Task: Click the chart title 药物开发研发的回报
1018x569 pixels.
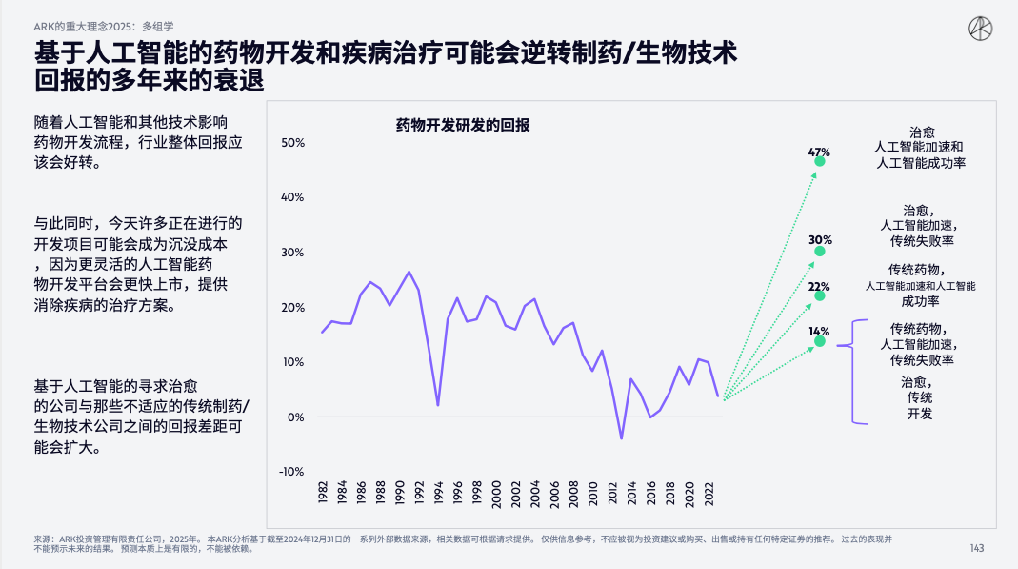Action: coord(462,125)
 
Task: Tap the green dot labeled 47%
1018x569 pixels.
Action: coord(820,161)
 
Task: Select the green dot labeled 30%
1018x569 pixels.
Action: coord(820,251)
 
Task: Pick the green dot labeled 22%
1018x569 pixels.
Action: coord(820,295)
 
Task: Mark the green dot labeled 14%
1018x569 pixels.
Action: coord(820,340)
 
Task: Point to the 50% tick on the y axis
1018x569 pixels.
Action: coord(292,143)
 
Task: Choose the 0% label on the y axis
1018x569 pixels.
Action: coord(295,417)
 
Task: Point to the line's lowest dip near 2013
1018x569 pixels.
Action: coord(621,438)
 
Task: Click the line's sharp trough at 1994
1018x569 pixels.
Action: coord(438,405)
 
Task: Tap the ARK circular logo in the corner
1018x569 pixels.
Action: coord(980,30)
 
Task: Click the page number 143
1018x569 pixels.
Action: coord(976,547)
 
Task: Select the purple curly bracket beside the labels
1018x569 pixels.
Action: coord(856,372)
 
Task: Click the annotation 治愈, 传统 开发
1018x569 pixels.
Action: coord(919,397)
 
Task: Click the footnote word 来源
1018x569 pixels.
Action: coord(43,539)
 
